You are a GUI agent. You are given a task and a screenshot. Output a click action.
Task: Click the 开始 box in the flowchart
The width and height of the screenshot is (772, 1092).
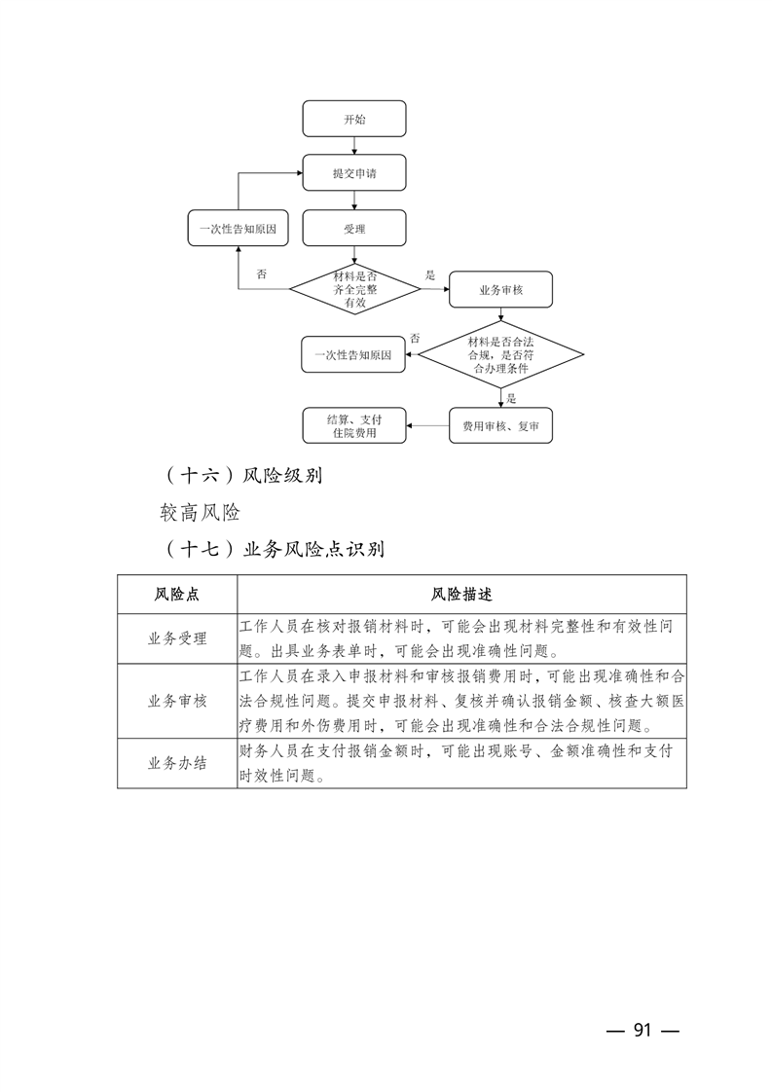(354, 119)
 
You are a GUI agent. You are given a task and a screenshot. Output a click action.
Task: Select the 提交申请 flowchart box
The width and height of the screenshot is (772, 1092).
(354, 173)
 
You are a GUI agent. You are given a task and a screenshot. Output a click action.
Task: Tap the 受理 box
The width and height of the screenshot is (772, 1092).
(354, 229)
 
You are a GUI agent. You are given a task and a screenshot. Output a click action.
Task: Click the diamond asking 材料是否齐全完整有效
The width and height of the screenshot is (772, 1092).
(354, 289)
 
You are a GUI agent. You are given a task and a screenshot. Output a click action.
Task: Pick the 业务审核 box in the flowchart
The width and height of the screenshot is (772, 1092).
(500, 290)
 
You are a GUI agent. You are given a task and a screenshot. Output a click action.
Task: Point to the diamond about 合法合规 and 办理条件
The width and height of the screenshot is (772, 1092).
(500, 355)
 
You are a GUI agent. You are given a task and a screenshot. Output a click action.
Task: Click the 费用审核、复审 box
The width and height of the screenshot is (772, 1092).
(500, 425)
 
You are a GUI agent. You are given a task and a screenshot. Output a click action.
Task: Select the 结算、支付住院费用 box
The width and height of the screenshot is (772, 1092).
(354, 425)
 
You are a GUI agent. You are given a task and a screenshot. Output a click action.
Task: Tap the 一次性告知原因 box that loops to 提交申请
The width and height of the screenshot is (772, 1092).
(239, 229)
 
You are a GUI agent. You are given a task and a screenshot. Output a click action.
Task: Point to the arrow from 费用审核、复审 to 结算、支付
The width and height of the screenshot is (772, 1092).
(427, 425)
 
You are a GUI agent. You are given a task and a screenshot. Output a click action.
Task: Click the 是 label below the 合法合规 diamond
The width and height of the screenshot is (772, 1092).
(512, 398)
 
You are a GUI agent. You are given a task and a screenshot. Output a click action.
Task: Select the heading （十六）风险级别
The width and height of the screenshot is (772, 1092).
(243, 477)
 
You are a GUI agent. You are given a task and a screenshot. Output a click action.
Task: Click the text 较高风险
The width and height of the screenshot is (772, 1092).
(201, 512)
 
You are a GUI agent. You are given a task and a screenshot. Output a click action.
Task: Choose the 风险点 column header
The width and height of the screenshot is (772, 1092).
(177, 595)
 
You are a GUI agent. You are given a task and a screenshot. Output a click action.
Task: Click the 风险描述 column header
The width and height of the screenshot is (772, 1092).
(461, 595)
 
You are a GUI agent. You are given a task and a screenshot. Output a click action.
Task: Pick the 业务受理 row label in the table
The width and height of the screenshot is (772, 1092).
(177, 638)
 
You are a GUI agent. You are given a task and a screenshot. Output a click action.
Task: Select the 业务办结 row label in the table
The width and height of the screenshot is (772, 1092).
(177, 763)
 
